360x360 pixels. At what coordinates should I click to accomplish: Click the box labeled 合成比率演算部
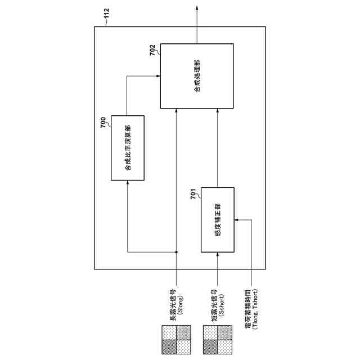[x=128, y=147]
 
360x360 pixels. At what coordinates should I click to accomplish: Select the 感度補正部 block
[x=218, y=220]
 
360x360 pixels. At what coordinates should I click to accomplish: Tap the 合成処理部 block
[x=196, y=76]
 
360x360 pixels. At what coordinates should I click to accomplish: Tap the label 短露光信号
[x=214, y=304]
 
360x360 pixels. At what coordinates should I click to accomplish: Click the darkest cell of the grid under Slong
[x=168, y=347]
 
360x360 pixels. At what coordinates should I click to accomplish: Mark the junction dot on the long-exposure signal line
[x=176, y=251]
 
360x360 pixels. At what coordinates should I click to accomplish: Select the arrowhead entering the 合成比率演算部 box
[x=128, y=183]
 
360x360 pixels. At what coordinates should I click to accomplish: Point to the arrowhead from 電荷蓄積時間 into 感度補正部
[x=237, y=220]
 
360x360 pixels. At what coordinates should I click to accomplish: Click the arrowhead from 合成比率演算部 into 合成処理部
[x=158, y=75]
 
